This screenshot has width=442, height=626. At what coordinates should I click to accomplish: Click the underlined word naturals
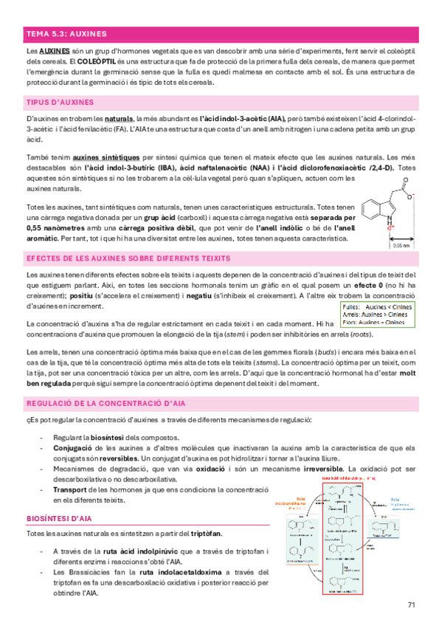[x=120, y=117]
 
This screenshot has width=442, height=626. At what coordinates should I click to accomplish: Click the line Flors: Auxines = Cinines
[x=374, y=321]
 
